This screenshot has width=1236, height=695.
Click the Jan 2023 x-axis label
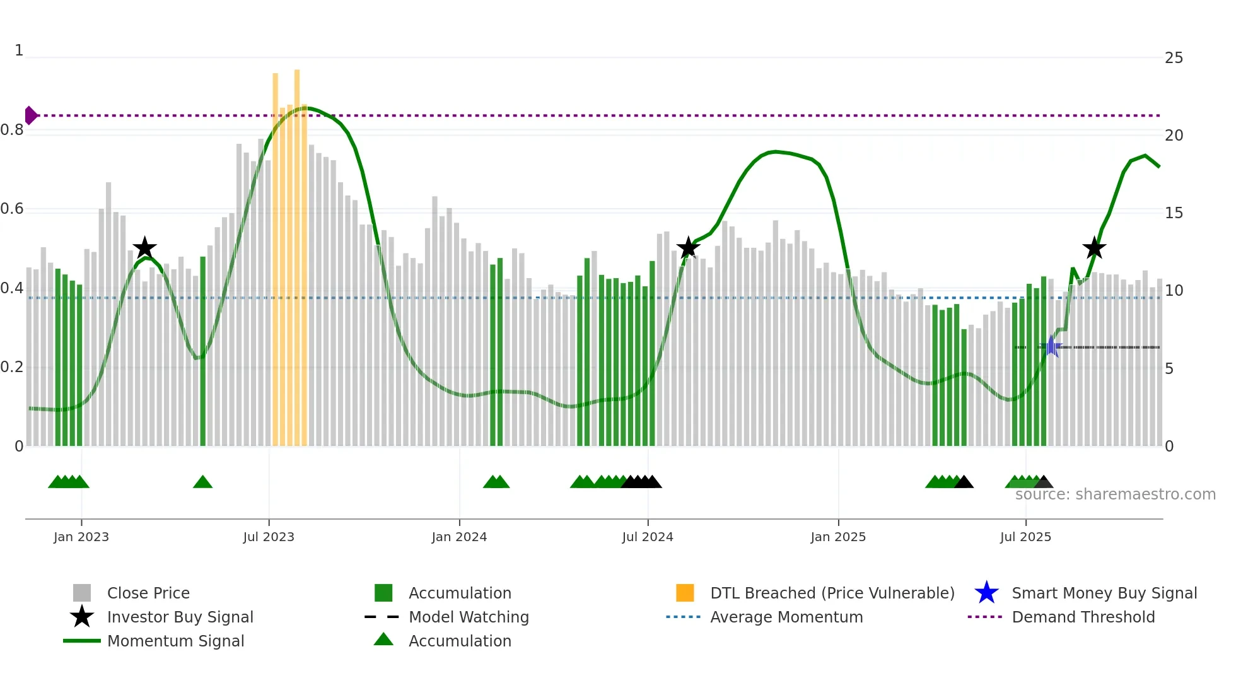click(81, 537)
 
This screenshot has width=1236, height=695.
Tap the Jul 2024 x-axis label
click(647, 537)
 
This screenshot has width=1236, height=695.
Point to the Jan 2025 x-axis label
click(837, 537)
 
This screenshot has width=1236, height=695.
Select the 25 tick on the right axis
click(1174, 58)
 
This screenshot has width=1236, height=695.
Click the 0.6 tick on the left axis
click(12, 209)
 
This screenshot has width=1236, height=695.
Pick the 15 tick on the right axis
click(1174, 213)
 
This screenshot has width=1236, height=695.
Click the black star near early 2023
click(144, 248)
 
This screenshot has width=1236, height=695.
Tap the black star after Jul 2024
click(688, 248)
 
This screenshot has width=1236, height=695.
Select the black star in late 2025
click(1094, 248)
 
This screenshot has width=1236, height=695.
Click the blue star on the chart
click(1051, 346)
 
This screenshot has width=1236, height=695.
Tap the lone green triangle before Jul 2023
click(202, 482)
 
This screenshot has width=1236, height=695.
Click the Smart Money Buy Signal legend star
click(986, 593)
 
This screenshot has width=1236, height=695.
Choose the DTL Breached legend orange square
click(685, 593)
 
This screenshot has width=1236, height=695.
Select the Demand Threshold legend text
click(1083, 617)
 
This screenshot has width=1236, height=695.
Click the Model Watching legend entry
click(468, 617)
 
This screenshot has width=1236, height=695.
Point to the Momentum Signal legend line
click(82, 641)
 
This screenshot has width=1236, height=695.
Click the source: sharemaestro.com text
click(1115, 494)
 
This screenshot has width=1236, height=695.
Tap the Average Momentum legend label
click(786, 617)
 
